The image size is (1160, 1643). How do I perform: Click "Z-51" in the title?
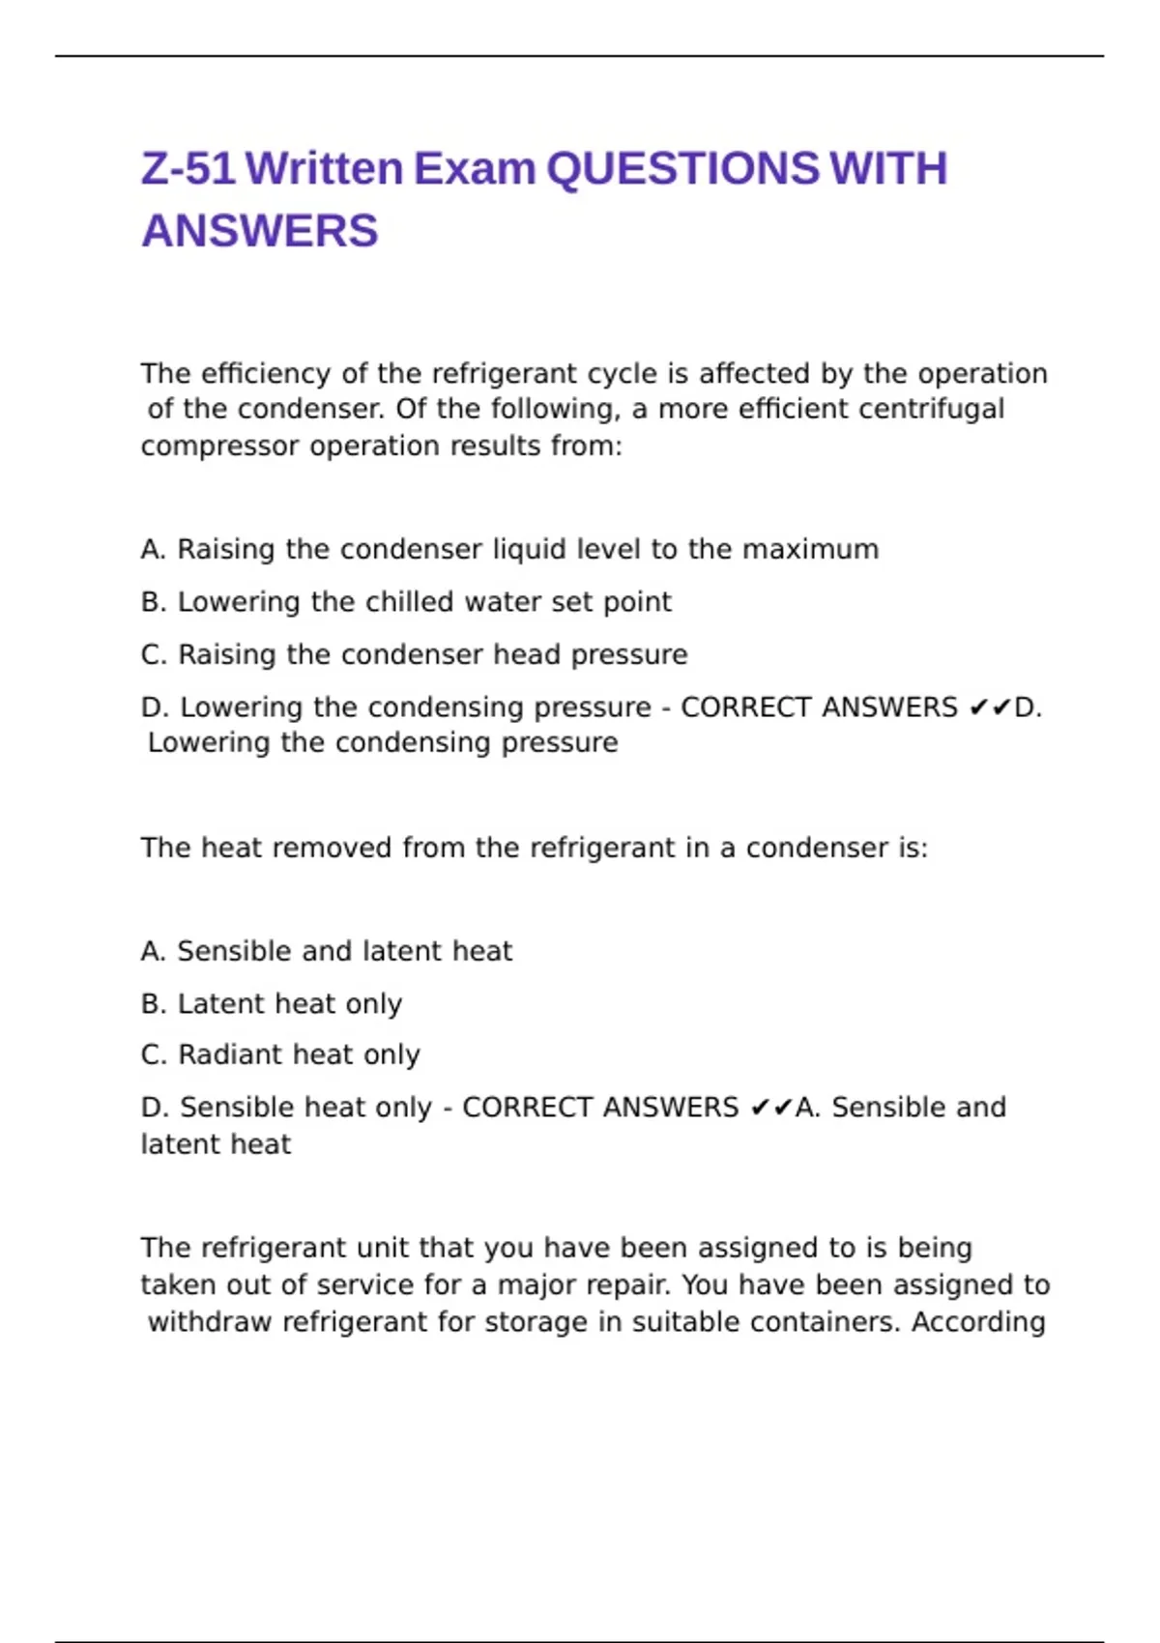coord(188,168)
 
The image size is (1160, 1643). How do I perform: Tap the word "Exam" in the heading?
coord(475,168)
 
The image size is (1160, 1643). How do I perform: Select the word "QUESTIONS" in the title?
coord(682,168)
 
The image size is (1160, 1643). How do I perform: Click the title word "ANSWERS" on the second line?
coord(259,231)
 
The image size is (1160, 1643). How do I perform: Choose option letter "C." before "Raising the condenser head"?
coord(154,654)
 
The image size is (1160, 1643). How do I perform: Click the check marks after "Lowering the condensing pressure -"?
coord(989,707)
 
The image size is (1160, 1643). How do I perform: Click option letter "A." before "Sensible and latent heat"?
coord(153,951)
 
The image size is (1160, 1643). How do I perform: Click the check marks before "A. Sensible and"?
coord(770,1108)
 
